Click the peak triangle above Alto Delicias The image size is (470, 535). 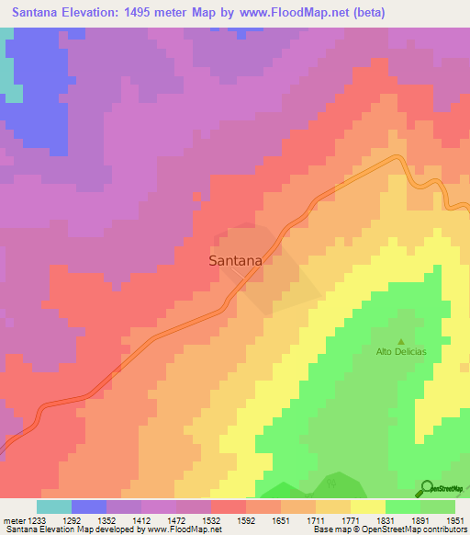pos(400,340)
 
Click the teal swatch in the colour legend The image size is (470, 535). pos(53,507)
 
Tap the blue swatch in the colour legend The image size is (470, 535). pos(88,507)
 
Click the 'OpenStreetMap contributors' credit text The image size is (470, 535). pos(417,530)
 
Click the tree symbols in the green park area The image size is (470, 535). pos(332,481)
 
